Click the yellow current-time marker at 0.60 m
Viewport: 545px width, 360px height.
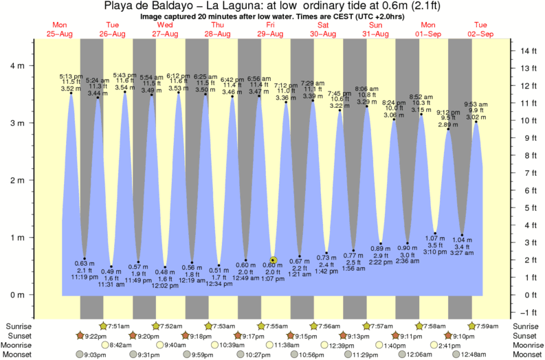(x=273, y=260)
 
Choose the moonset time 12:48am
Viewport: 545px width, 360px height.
(x=486, y=355)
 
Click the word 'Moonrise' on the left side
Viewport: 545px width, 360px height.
(x=19, y=345)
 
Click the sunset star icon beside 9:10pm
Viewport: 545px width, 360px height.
(x=449, y=335)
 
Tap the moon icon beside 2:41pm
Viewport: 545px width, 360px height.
(x=434, y=345)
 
